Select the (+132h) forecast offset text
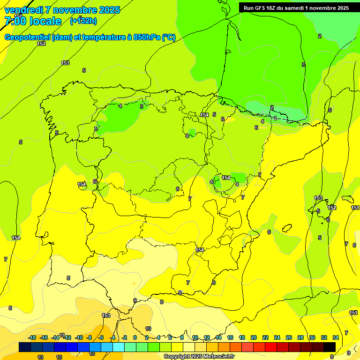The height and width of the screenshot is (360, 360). point(83,21)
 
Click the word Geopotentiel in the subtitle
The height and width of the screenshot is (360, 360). point(26,37)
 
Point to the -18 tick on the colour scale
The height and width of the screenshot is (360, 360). point(32,337)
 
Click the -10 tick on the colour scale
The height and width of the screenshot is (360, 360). point(78,337)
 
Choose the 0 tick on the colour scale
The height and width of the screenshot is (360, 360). point(135,337)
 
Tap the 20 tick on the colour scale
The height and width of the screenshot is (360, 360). point(254,337)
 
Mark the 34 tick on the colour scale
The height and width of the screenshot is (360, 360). point(336,337)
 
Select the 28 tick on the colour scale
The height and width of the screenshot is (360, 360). point(300,337)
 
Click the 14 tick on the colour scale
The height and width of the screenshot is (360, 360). point(218,337)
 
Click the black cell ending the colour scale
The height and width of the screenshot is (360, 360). point(330,347)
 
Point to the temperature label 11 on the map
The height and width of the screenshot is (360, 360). point(62,335)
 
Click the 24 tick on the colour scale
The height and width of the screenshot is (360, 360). point(277,337)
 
